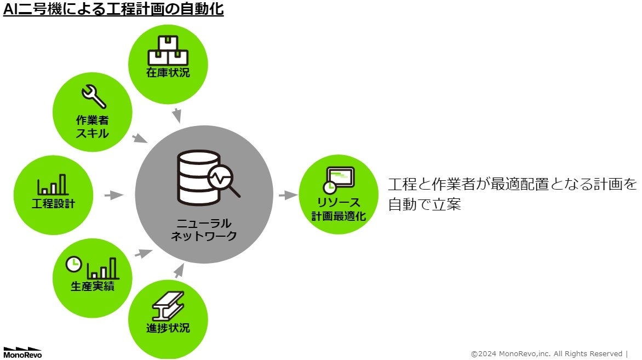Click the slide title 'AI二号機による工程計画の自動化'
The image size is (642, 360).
113,10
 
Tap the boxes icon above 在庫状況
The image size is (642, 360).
168,50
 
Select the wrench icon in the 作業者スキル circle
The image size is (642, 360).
93,96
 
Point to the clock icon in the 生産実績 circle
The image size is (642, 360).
73,264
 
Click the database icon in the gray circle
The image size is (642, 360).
193,178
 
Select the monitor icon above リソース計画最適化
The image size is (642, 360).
338,178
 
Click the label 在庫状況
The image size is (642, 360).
168,72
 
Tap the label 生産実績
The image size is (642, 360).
93,286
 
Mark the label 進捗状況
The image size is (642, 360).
168,328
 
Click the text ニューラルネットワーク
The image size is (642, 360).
204,230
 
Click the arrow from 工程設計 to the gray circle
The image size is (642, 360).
114,195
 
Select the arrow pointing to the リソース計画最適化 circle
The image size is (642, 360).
287,195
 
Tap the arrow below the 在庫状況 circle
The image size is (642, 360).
176,116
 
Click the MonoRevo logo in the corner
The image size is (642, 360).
22,352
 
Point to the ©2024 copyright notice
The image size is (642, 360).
548,353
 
